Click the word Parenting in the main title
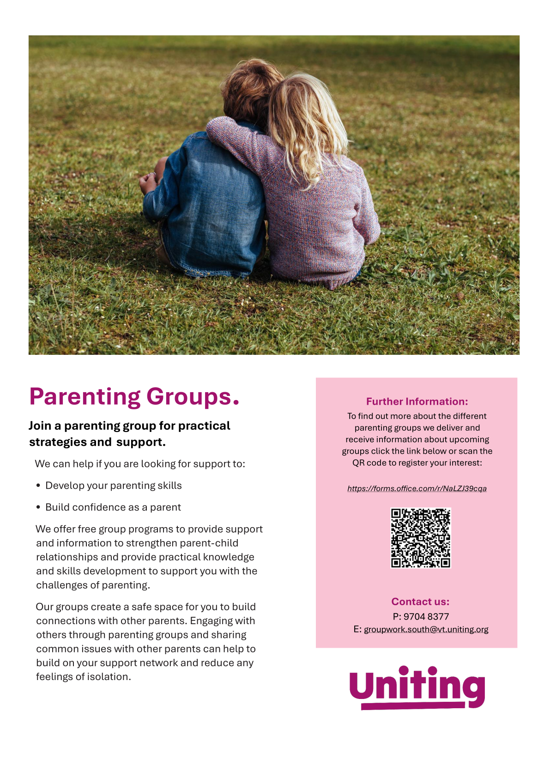tap(85, 397)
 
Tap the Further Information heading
tap(417, 401)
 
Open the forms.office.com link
tap(417, 488)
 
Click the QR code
tap(420, 538)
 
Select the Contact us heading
tap(420, 602)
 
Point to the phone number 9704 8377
tap(426, 616)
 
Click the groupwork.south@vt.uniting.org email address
tap(426, 629)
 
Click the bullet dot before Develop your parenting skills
tap(38, 486)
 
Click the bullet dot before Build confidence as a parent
tap(38, 507)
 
